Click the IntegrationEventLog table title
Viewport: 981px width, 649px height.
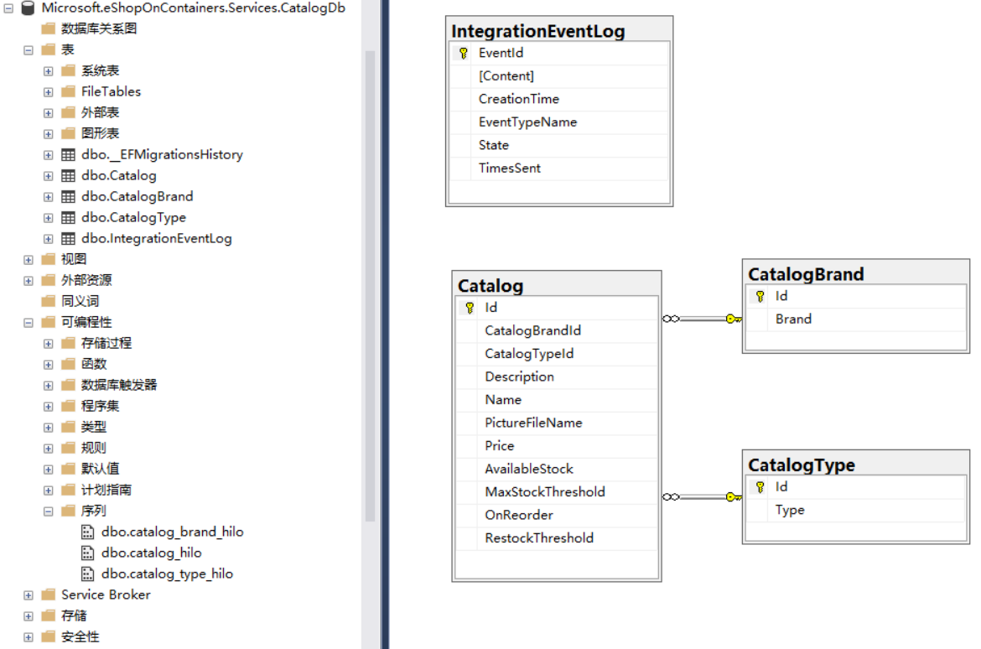point(537,32)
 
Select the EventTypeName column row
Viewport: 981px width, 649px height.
point(527,122)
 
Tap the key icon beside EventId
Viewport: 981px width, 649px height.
point(462,53)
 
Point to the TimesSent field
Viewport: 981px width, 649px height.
point(509,168)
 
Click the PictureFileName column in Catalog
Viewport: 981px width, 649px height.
point(532,423)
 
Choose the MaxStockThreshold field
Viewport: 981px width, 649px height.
point(544,491)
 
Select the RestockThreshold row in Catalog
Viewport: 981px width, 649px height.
point(538,537)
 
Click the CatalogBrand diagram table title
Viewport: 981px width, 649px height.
point(805,274)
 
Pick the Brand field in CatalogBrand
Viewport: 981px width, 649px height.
point(792,319)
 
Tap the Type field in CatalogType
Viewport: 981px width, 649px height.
point(789,510)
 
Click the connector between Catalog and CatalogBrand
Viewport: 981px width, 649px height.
point(702,319)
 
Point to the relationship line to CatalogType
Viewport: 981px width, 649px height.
point(702,497)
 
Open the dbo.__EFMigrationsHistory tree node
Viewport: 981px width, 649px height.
point(162,154)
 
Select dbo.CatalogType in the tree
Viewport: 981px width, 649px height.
point(133,217)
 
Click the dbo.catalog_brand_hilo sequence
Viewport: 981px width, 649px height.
point(172,532)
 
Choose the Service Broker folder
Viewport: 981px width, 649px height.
point(106,594)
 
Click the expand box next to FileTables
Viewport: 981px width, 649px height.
point(49,91)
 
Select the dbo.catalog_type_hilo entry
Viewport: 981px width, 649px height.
point(167,574)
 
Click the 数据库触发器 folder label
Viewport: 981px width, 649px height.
point(119,385)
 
